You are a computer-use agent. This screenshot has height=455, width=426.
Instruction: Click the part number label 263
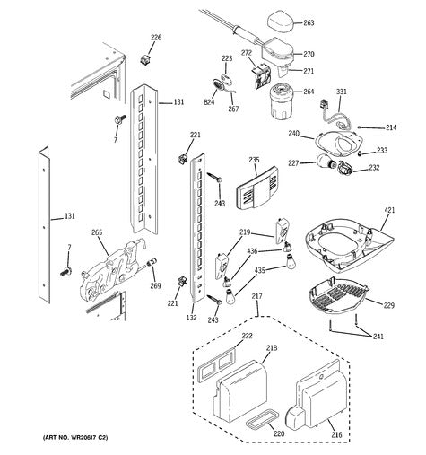tap(309, 23)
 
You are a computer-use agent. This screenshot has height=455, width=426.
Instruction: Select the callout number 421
tap(389, 212)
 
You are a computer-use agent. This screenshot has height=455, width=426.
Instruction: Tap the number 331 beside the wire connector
tap(342, 92)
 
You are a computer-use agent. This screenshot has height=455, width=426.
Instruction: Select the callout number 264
tap(309, 91)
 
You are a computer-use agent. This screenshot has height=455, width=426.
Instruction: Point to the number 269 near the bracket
tap(155, 285)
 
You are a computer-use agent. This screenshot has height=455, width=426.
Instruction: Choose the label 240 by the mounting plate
tap(293, 134)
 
